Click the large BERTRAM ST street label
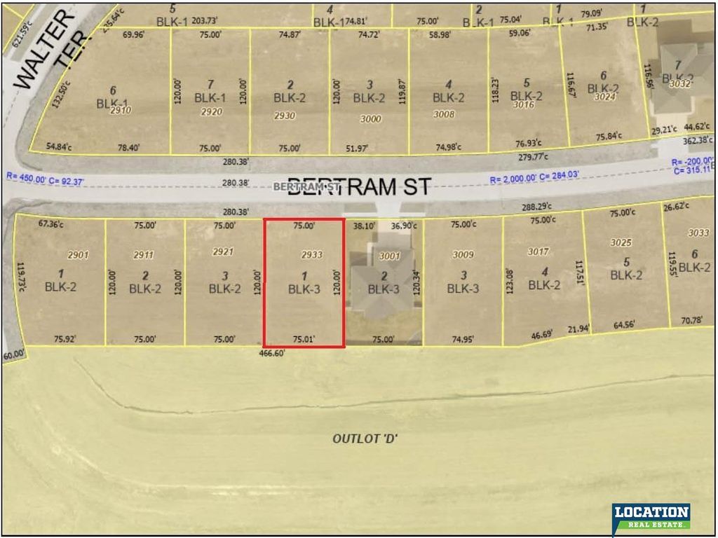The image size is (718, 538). pyautogui.click(x=359, y=187)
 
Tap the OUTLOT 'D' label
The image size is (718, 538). pyautogui.click(x=365, y=439)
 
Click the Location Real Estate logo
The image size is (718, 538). pyautogui.click(x=651, y=517)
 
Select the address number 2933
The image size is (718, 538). pyautogui.click(x=311, y=254)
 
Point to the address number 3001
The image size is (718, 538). pyautogui.click(x=390, y=256)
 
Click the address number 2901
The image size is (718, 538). pyautogui.click(x=78, y=255)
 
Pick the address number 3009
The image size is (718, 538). pyautogui.click(x=463, y=255)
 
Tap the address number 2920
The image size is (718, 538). pyautogui.click(x=211, y=112)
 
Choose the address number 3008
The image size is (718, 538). pyautogui.click(x=444, y=114)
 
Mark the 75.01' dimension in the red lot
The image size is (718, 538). pyautogui.click(x=304, y=340)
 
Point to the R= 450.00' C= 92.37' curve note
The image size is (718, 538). pyautogui.click(x=46, y=181)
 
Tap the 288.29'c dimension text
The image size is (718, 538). pyautogui.click(x=537, y=207)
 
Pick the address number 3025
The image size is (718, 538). pyautogui.click(x=621, y=243)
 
